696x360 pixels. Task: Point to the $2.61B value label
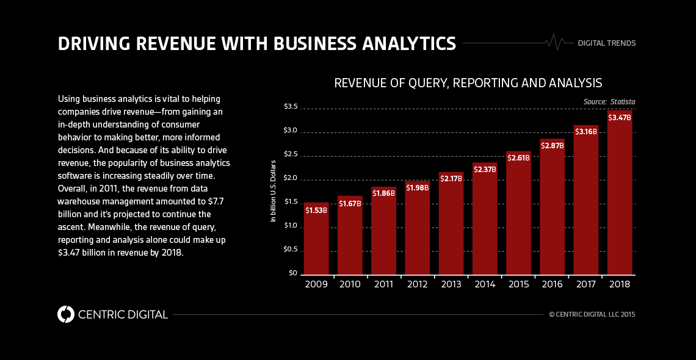click(x=518, y=157)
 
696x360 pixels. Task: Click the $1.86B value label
click(x=383, y=193)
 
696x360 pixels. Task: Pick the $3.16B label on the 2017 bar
click(x=585, y=131)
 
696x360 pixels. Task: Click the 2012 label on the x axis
click(x=417, y=284)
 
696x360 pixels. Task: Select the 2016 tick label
click(x=552, y=284)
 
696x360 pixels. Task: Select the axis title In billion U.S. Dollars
click(x=274, y=190)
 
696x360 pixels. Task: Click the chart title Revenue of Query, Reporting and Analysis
click(x=468, y=82)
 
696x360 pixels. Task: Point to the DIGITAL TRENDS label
click(x=606, y=43)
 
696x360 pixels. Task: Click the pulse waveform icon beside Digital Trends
click(x=556, y=42)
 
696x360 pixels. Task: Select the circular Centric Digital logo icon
click(x=66, y=314)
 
